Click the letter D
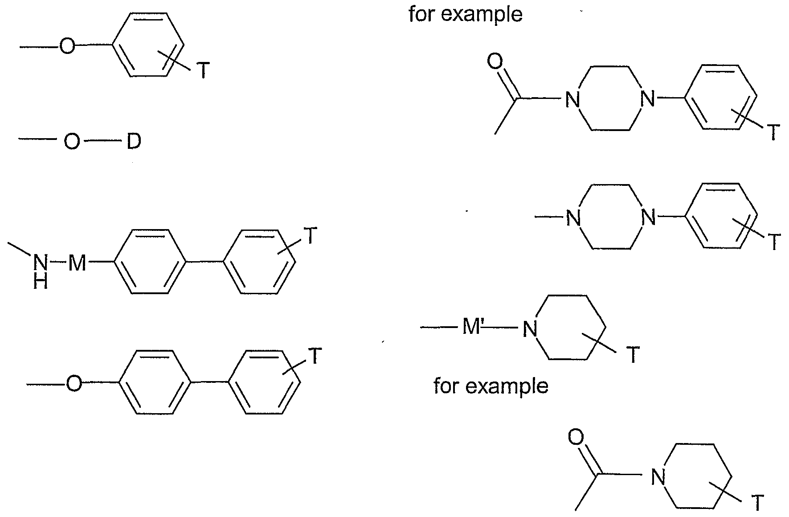(134, 142)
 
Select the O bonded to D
(72, 142)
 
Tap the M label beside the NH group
(77, 264)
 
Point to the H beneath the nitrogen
(41, 282)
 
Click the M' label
(473, 328)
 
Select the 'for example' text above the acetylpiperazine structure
(466, 14)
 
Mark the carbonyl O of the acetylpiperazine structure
(495, 62)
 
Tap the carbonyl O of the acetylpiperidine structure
(576, 437)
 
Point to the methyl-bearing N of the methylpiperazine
(573, 218)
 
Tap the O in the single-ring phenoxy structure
(67, 46)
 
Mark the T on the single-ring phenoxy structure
(203, 70)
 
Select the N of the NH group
(41, 264)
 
